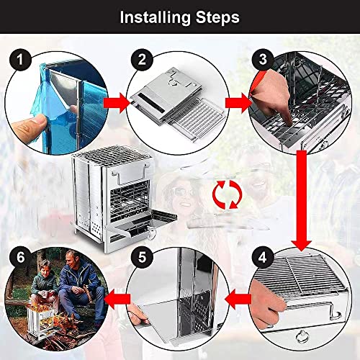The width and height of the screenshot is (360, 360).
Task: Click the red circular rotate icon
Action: (x=225, y=194)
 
